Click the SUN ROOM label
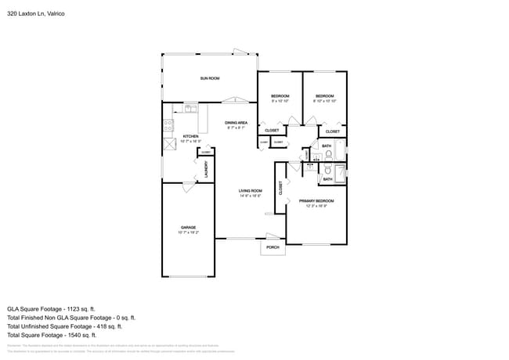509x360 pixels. click(x=209, y=78)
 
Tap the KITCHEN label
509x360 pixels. click(x=190, y=136)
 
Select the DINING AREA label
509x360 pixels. click(x=236, y=123)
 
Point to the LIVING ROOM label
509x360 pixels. click(x=251, y=191)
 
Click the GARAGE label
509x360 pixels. click(x=188, y=228)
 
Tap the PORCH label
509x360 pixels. click(x=273, y=247)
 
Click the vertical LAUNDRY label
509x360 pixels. click(x=206, y=169)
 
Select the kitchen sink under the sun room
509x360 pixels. click(x=190, y=107)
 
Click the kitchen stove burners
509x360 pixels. click(x=168, y=124)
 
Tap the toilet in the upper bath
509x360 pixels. click(x=329, y=153)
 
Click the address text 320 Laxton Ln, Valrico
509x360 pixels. click(x=36, y=13)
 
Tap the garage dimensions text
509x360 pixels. click(x=188, y=232)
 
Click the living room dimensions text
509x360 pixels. click(x=251, y=196)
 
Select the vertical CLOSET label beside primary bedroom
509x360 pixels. click(x=280, y=188)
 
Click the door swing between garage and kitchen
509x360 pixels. click(x=188, y=186)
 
